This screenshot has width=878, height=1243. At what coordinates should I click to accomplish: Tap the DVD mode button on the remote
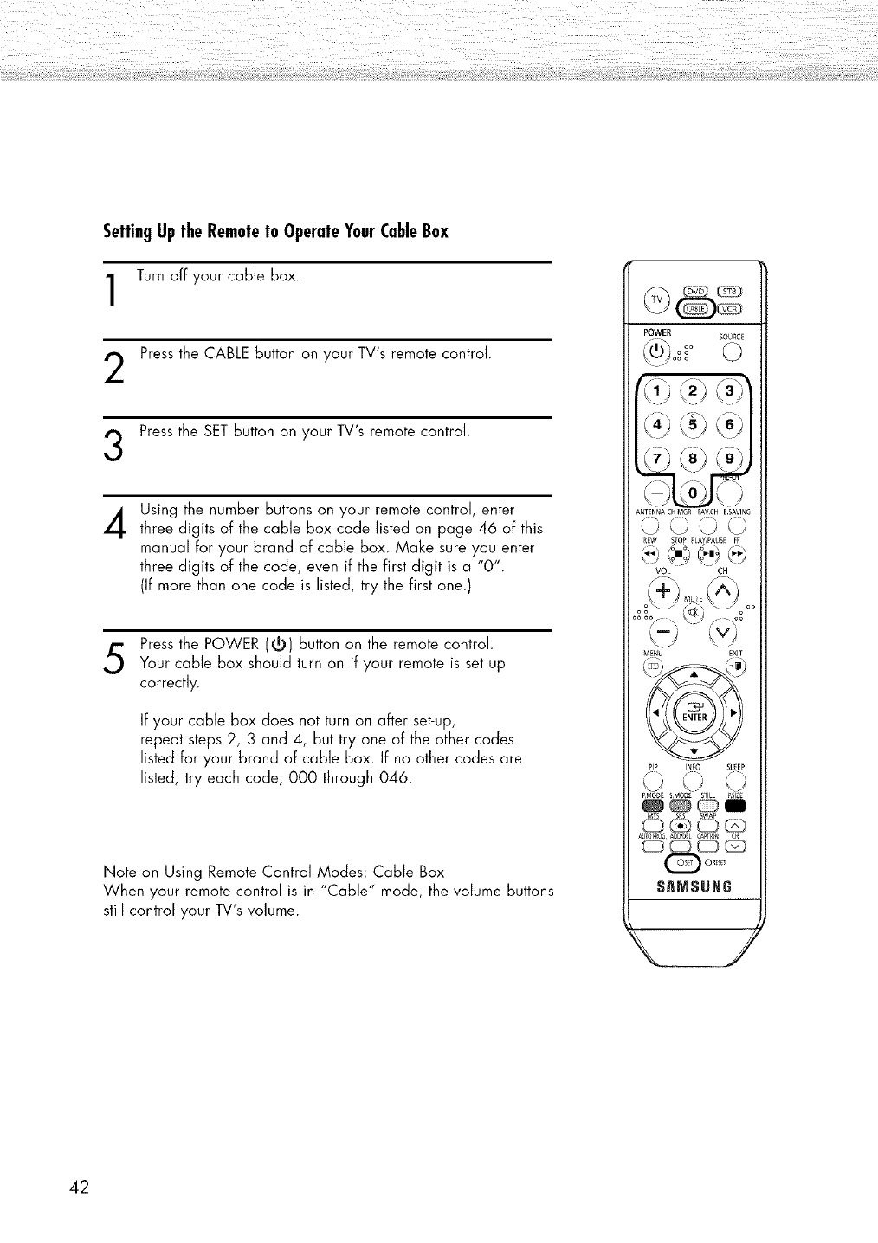(x=695, y=290)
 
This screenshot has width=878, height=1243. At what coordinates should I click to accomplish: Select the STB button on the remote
(x=726, y=290)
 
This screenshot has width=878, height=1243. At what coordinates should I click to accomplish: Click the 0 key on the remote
(x=694, y=495)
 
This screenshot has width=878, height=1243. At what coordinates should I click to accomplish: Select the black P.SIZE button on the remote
(x=736, y=805)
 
